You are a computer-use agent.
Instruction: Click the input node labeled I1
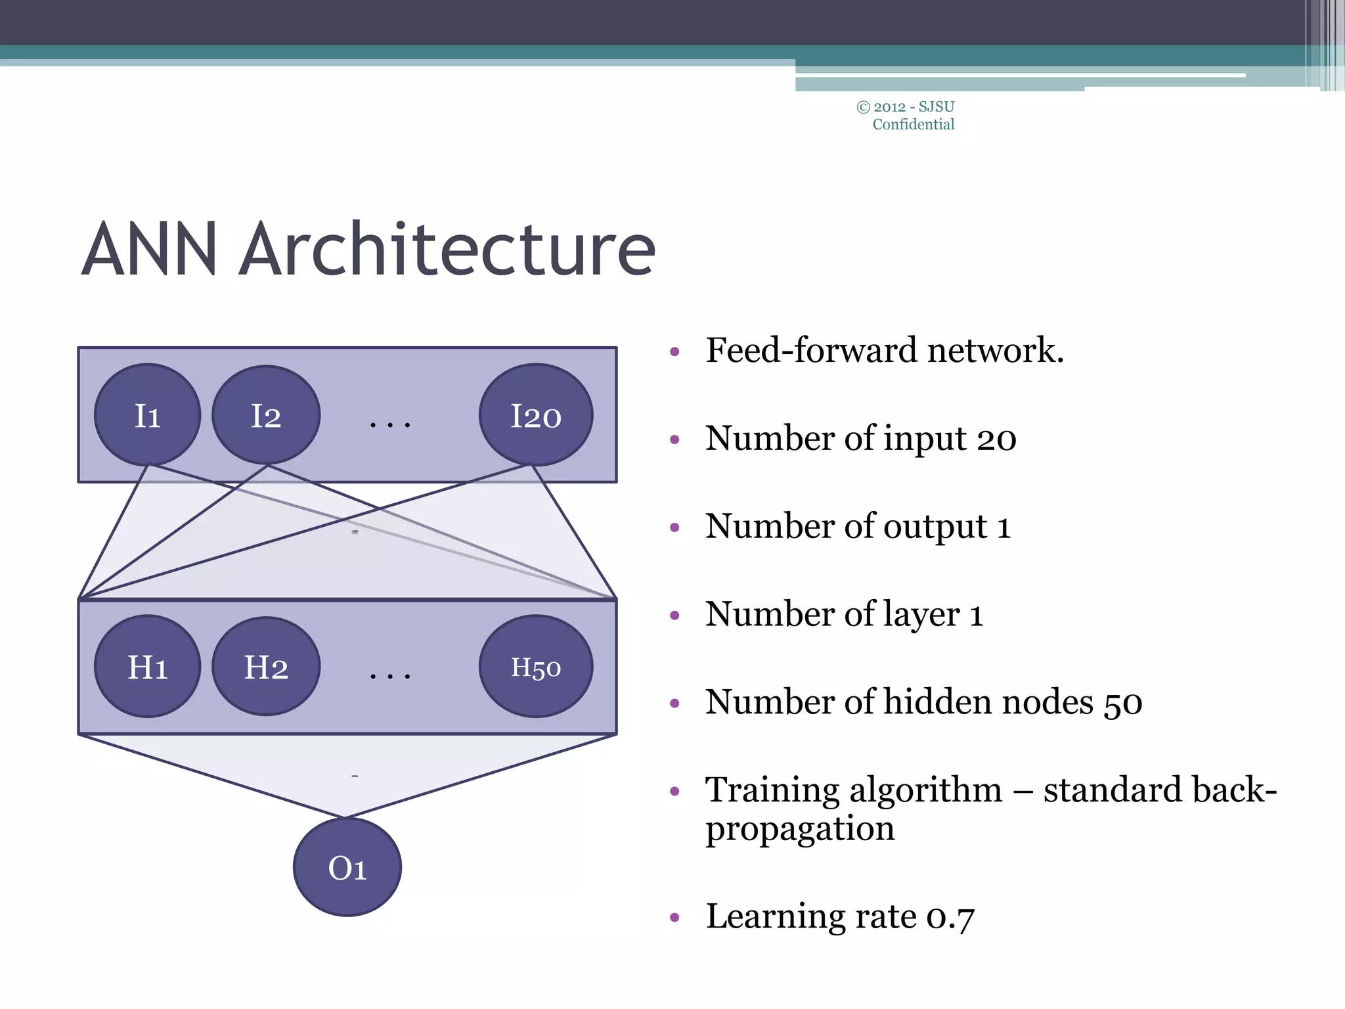tap(147, 415)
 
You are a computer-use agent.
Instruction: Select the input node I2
tap(266, 415)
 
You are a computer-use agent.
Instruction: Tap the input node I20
tap(536, 415)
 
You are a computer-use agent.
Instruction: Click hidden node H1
tap(147, 667)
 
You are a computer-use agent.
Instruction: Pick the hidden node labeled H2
tap(266, 667)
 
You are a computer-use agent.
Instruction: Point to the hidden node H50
tap(536, 667)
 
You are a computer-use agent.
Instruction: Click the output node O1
tap(347, 867)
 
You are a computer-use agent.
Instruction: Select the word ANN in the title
tap(150, 250)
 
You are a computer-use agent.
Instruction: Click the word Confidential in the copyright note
tap(913, 124)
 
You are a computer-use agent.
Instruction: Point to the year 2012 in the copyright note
tap(889, 107)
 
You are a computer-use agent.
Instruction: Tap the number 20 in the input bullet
tap(996, 438)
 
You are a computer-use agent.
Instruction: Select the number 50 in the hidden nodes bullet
tap(1122, 703)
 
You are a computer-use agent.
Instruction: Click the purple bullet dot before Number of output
tap(674, 527)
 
